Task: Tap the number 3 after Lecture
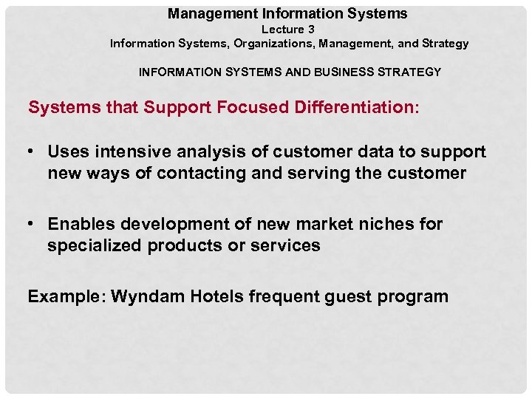311,30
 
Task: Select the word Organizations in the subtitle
272,44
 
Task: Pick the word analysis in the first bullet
203,152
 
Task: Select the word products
183,246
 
